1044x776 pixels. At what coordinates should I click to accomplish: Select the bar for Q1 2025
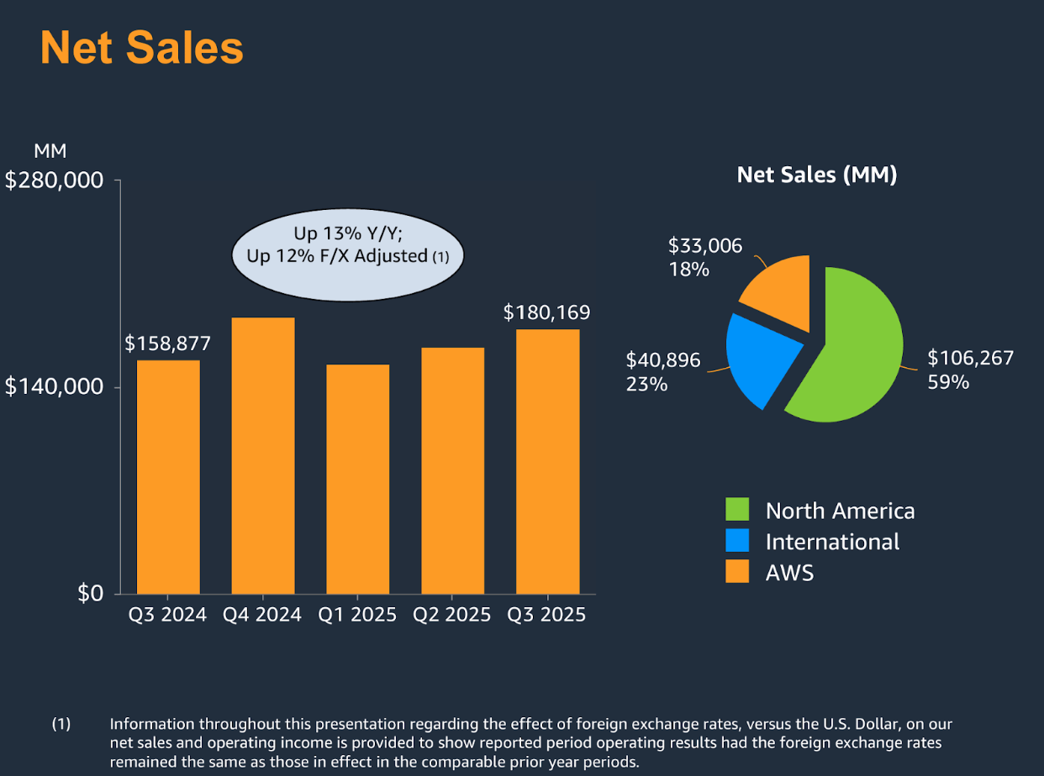tap(358, 479)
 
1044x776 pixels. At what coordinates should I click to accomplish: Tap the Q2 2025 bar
tap(453, 470)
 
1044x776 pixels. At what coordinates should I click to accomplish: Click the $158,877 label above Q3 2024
tap(168, 343)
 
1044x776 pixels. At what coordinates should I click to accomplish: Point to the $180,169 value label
tap(546, 312)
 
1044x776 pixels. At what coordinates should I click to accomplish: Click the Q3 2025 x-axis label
tap(546, 615)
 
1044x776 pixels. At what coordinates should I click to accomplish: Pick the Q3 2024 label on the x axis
tap(167, 615)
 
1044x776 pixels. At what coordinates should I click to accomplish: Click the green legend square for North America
tap(737, 510)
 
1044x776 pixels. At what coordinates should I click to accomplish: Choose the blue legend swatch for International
tap(737, 541)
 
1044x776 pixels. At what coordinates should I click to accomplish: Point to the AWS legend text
tap(789, 573)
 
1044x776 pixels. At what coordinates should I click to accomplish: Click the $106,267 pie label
tap(970, 358)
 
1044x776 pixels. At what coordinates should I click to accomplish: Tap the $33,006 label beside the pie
tap(705, 245)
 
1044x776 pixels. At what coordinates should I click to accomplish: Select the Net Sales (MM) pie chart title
tap(816, 175)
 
